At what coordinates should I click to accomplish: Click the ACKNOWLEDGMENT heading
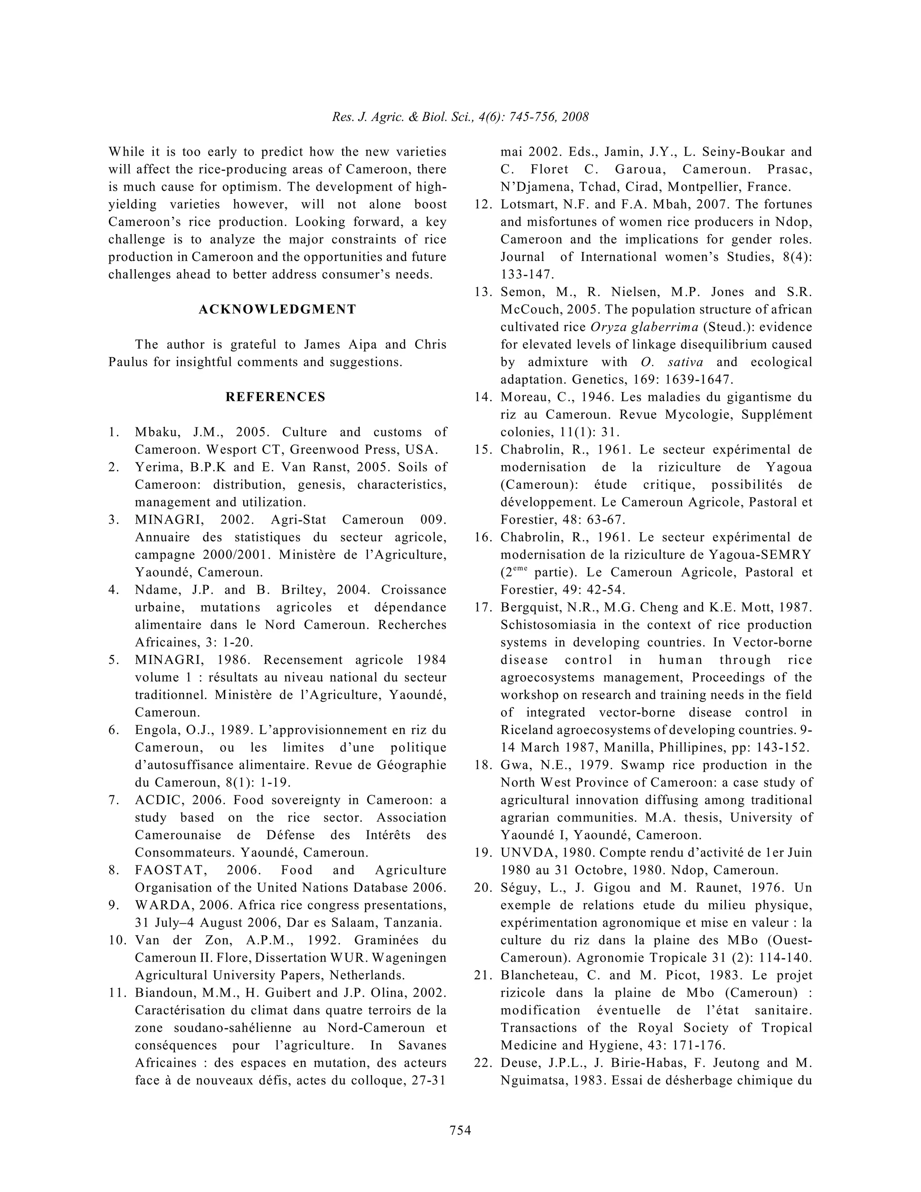tap(277, 309)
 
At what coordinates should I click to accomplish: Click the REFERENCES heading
tap(276, 397)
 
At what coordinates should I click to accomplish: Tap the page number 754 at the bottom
tap(460, 1130)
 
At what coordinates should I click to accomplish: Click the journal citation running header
tap(460, 117)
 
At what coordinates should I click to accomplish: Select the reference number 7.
tap(113, 800)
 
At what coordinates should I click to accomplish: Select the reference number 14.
tap(483, 397)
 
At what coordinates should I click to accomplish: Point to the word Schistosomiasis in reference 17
tap(549, 625)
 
